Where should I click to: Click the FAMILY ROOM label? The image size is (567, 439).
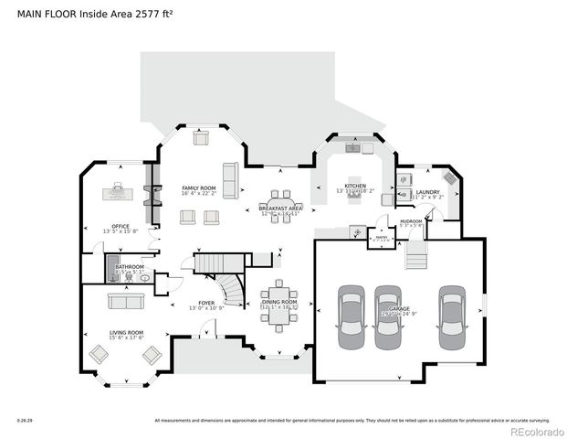pyautogui.click(x=196, y=187)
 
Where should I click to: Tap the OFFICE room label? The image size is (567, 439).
pyautogui.click(x=121, y=226)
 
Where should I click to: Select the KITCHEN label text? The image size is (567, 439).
pyautogui.click(x=355, y=186)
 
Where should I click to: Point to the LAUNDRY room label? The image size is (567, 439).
pyautogui.click(x=427, y=191)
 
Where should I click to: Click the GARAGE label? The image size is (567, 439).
pyautogui.click(x=399, y=310)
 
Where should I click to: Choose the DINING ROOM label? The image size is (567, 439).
pyautogui.click(x=279, y=301)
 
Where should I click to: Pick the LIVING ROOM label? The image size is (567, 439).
pyautogui.click(x=126, y=332)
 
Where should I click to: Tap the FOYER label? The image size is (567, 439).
pyautogui.click(x=206, y=302)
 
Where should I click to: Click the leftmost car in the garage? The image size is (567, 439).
pyautogui.click(x=352, y=316)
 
